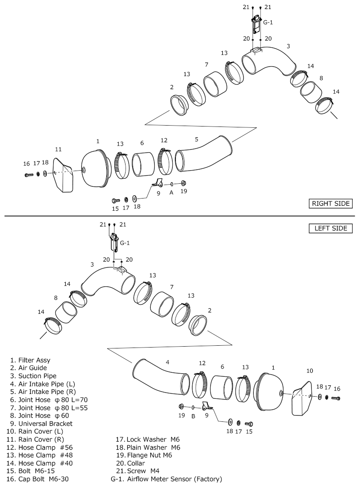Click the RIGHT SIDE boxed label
pyautogui.click(x=330, y=203)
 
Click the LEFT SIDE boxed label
pyautogui.click(x=331, y=228)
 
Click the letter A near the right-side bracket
pyautogui.click(x=171, y=192)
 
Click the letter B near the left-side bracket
pyautogui.click(x=193, y=416)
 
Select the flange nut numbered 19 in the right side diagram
pyautogui.click(x=184, y=183)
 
